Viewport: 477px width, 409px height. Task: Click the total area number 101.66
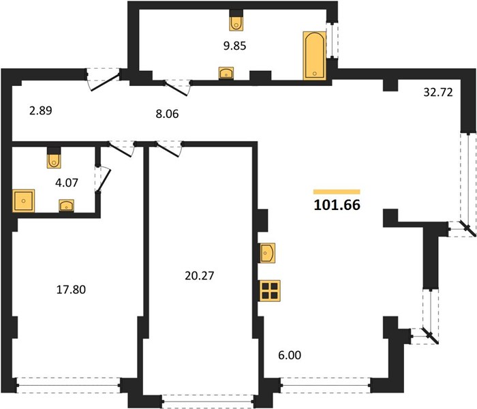pos(337,204)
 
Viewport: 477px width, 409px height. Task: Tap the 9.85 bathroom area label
pos(234,46)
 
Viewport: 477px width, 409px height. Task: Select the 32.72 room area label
pos(438,92)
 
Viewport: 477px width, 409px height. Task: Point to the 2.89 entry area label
pos(41,110)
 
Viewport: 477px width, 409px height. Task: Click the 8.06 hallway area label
pos(167,114)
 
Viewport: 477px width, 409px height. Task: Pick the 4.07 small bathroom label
pos(67,183)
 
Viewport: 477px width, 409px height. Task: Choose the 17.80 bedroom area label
pos(71,290)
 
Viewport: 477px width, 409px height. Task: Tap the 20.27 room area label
pos(199,275)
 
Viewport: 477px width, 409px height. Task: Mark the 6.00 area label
pos(290,355)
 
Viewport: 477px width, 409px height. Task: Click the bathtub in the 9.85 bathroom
pos(315,55)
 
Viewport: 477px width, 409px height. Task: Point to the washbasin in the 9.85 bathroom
pos(226,74)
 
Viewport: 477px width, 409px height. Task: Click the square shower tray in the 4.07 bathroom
pos(23,200)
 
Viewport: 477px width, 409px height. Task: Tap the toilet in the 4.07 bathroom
pos(54,158)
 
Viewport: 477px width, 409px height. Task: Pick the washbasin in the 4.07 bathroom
pos(66,205)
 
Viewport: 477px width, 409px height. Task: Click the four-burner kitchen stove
pos(270,290)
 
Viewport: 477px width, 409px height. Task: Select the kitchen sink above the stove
pos(267,253)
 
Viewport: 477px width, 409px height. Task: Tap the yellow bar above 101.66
pos(337,192)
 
